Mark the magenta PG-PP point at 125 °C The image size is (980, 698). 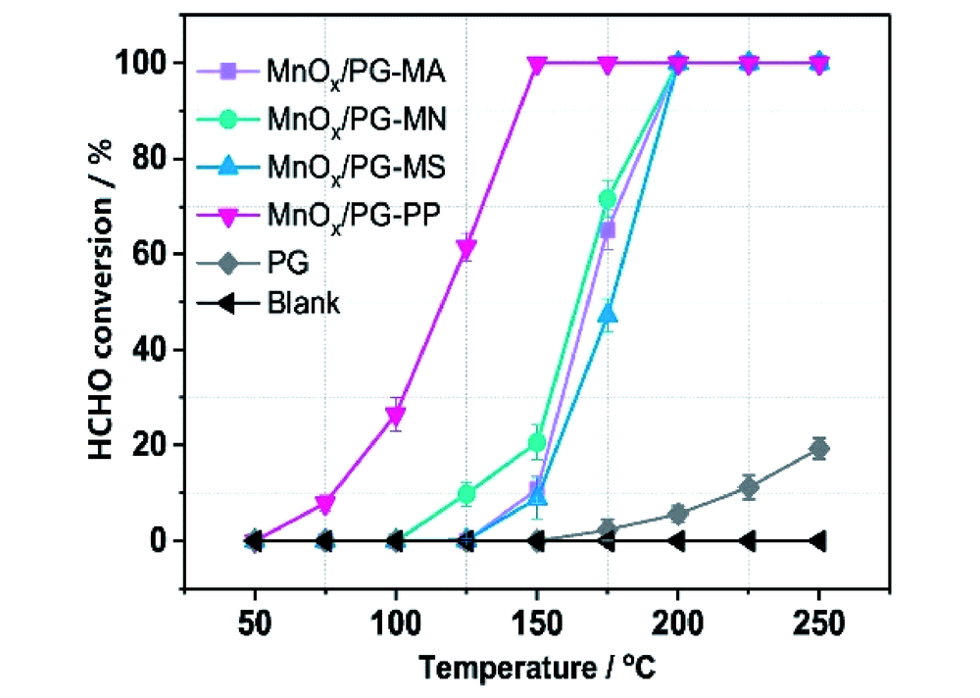(466, 247)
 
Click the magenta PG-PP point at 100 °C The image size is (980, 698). (396, 417)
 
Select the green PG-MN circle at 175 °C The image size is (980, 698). (608, 199)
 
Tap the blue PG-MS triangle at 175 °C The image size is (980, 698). (608, 315)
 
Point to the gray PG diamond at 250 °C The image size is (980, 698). (818, 448)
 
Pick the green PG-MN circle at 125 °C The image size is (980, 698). (466, 494)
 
